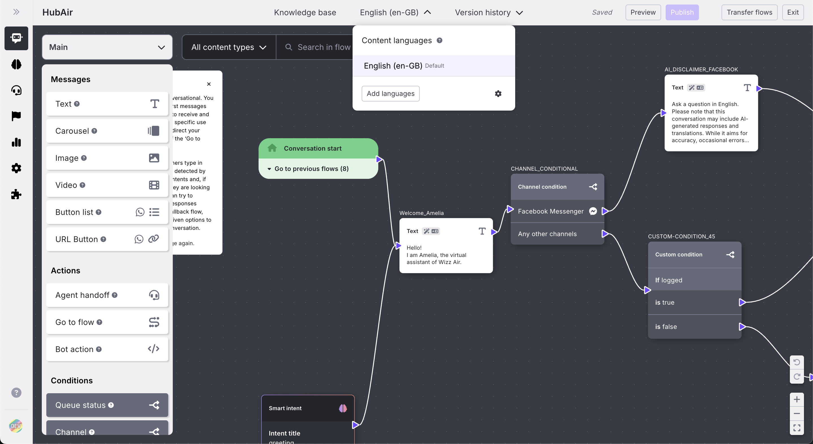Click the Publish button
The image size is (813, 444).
tap(682, 13)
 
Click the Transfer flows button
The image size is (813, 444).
tap(749, 13)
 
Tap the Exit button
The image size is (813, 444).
tap(792, 13)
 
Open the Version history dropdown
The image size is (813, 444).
tap(489, 13)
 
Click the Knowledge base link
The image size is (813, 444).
tap(305, 13)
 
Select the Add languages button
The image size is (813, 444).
tap(390, 94)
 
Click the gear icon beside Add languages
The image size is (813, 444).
tap(498, 94)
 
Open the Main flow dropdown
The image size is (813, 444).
tap(107, 47)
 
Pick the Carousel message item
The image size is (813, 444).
tap(107, 131)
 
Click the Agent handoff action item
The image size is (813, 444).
tap(107, 295)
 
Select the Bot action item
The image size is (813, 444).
tap(107, 349)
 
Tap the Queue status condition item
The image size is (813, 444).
tap(107, 405)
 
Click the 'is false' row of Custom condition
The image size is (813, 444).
tap(694, 327)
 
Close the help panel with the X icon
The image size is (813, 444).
tap(209, 84)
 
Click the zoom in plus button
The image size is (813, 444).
tap(797, 399)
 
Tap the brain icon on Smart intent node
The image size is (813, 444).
tap(343, 408)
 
